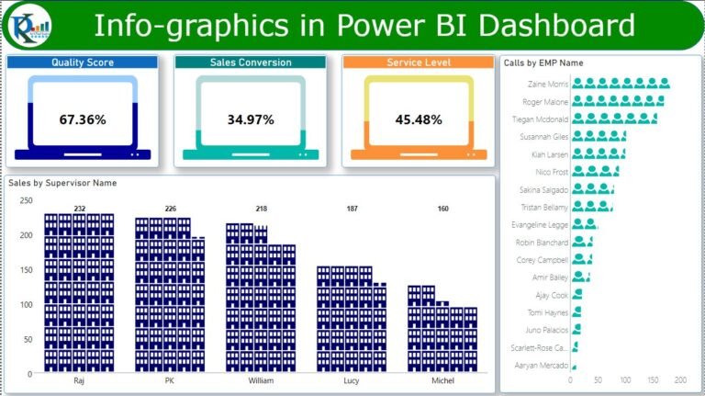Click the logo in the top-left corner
click(28, 26)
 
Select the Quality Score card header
click(83, 62)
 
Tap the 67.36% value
click(83, 119)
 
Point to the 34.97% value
click(250, 119)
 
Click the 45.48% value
click(419, 119)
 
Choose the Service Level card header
click(419, 62)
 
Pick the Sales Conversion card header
click(251, 62)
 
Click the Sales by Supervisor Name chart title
click(62, 183)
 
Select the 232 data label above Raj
click(80, 209)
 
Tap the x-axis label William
click(261, 379)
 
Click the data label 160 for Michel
click(443, 209)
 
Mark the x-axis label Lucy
click(352, 379)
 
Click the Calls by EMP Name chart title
click(543, 62)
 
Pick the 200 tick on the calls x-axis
click(680, 379)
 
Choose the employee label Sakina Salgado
click(542, 189)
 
